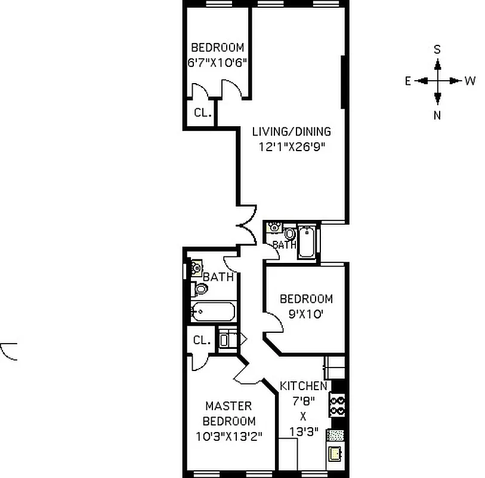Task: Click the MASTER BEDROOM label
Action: click(228, 413)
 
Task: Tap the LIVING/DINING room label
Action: click(291, 132)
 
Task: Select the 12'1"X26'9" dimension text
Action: click(291, 146)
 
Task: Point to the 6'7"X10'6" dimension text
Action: click(217, 62)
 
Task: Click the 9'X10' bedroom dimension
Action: click(305, 314)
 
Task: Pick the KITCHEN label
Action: click(303, 386)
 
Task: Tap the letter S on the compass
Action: click(437, 48)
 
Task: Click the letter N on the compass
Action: click(437, 115)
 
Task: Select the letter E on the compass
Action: click(408, 81)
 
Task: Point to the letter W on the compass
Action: click(470, 81)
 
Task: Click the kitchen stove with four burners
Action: click(338, 406)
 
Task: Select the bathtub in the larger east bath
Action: click(213, 312)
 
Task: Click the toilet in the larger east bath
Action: click(200, 289)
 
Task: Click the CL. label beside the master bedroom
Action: click(202, 341)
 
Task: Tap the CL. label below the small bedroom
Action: click(202, 112)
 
